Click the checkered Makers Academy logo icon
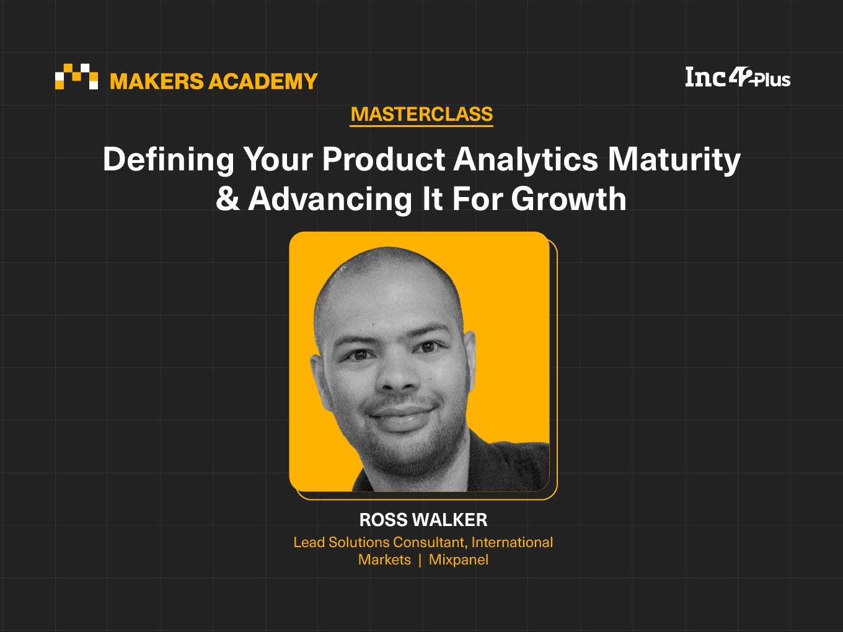click(76, 76)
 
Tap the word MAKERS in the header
click(156, 81)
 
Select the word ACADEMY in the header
click(263, 81)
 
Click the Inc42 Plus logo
click(738, 78)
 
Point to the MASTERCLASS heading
click(421, 114)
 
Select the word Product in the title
click(383, 159)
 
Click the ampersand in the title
click(227, 198)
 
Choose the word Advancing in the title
click(330, 200)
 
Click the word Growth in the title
click(568, 198)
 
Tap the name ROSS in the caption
click(383, 520)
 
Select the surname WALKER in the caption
click(450, 520)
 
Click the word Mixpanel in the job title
click(459, 560)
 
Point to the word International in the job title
click(512, 542)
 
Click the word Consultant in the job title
click(430, 542)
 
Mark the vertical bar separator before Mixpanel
click(420, 560)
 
